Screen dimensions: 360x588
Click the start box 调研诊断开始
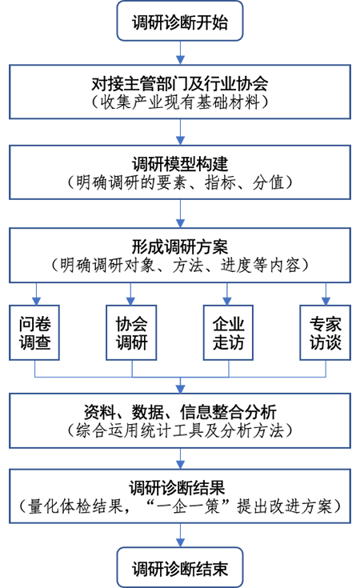[180, 21]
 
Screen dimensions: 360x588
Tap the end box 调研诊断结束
[180, 567]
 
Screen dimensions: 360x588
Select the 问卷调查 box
[34, 333]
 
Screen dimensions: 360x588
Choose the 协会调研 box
[131, 333]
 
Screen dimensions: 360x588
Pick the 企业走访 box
[228, 333]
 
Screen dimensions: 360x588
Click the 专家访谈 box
[325, 333]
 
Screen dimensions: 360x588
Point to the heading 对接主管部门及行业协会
[180, 84]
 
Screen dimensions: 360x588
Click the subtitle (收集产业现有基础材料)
[180, 102]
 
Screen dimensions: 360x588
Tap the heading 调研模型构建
[180, 164]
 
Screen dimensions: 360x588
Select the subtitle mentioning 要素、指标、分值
[180, 182]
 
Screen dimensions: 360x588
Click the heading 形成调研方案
[180, 246]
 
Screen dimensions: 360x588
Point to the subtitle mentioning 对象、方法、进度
[180, 265]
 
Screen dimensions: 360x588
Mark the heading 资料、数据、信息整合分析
[180, 412]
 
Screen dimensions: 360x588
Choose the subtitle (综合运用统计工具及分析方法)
[180, 430]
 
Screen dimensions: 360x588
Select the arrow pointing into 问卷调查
[36, 294]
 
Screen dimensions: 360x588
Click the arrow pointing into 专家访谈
[326, 294]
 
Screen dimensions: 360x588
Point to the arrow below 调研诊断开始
[180, 53]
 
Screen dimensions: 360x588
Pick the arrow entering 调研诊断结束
[180, 535]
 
